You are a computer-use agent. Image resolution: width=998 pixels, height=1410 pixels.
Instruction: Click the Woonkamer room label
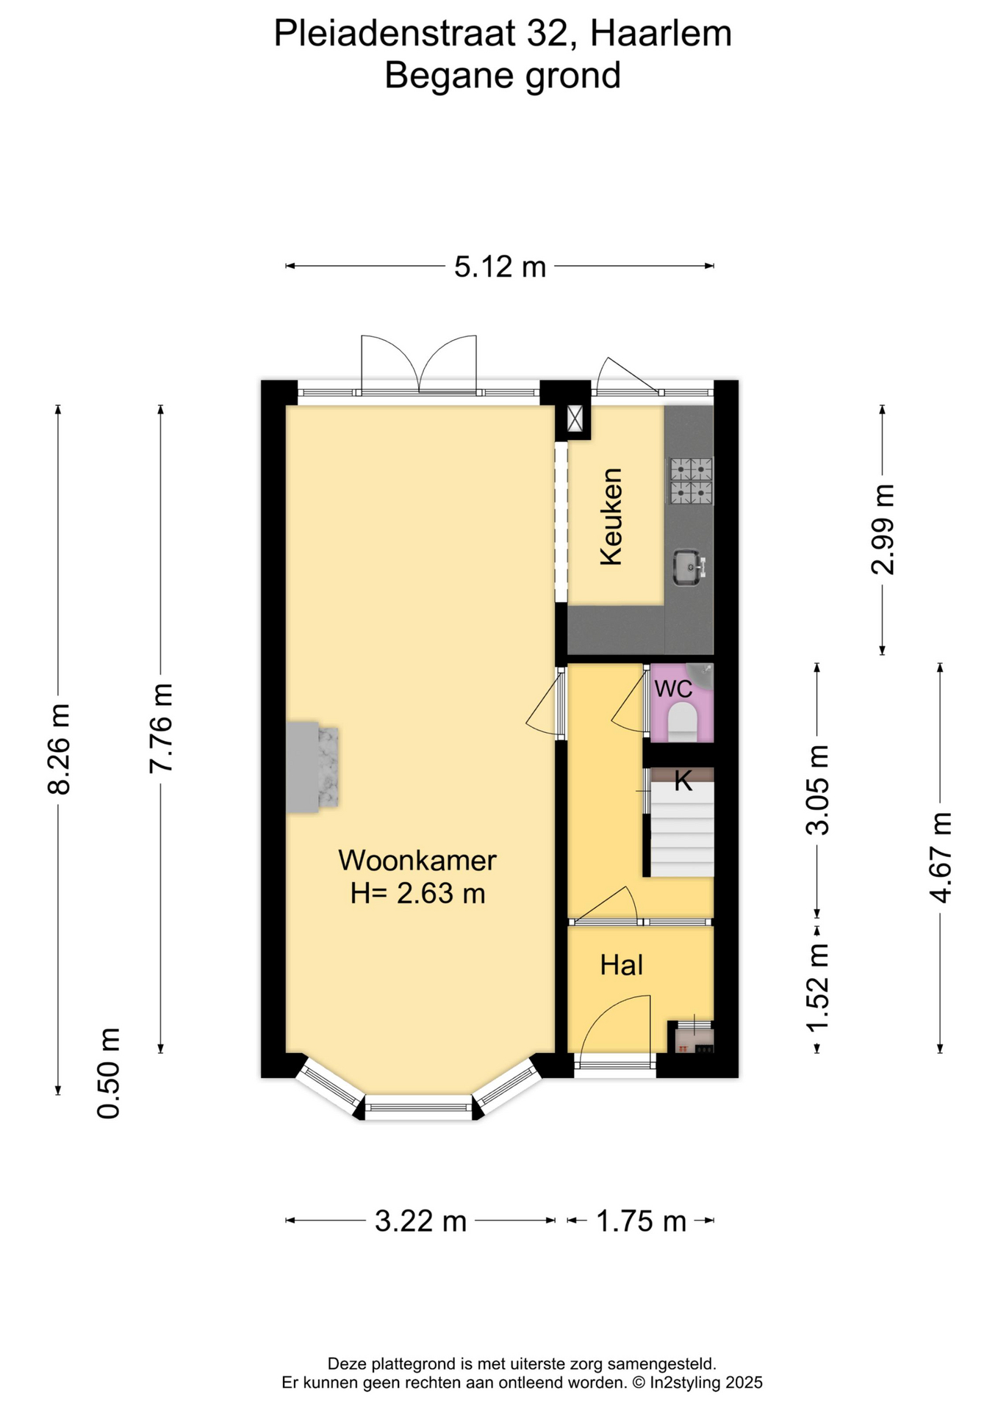click(x=417, y=860)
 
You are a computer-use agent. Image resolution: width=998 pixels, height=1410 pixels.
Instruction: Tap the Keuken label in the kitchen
click(x=611, y=516)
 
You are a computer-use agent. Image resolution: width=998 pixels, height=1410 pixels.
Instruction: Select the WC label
click(x=673, y=689)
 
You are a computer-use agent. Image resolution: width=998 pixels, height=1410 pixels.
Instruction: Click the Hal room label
click(x=621, y=965)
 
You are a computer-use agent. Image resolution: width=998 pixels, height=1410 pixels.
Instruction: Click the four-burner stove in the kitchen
click(x=691, y=481)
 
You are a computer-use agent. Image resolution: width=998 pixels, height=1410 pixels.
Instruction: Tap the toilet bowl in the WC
click(x=683, y=720)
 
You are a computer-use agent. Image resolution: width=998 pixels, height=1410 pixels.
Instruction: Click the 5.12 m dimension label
click(x=500, y=267)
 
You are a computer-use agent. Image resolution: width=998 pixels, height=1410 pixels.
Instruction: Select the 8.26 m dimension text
click(x=59, y=749)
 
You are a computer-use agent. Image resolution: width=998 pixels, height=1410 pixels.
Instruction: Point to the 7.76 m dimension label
click(x=161, y=728)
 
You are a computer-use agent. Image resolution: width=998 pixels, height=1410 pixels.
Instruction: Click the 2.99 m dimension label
click(x=883, y=529)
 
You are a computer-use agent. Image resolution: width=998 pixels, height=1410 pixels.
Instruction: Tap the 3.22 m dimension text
click(x=420, y=1221)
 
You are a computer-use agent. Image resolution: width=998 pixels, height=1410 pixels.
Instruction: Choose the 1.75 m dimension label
click(x=641, y=1221)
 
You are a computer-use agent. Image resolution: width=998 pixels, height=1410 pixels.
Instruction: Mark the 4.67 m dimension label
click(x=940, y=858)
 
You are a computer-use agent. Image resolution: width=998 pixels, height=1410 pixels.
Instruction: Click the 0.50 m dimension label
click(x=109, y=1073)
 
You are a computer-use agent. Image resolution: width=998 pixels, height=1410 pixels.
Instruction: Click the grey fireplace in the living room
click(x=312, y=767)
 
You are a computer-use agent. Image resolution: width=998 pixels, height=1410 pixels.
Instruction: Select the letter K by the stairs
click(x=683, y=781)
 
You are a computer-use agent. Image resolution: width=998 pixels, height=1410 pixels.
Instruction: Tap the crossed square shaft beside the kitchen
click(x=575, y=419)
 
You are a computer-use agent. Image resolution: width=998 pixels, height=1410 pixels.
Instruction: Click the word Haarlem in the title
click(x=661, y=34)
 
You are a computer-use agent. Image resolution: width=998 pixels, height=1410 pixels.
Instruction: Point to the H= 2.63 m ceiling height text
click(x=417, y=894)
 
